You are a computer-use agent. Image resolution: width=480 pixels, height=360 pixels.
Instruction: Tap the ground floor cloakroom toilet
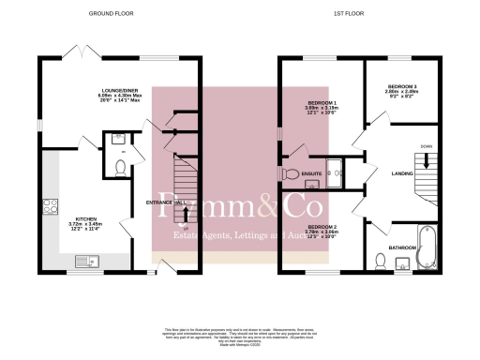(x=119, y=167)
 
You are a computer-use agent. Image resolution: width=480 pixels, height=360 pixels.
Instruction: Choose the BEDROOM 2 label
(x=322, y=228)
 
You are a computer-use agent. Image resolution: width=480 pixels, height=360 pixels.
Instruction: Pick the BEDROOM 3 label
(x=403, y=86)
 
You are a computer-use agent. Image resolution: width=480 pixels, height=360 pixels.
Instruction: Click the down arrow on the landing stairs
(x=427, y=161)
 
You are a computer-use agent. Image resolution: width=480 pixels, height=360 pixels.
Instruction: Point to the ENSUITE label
(x=313, y=173)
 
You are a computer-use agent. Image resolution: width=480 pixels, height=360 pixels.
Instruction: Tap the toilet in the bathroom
(x=379, y=262)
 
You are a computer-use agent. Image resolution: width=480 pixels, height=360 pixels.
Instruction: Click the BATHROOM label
(x=403, y=247)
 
